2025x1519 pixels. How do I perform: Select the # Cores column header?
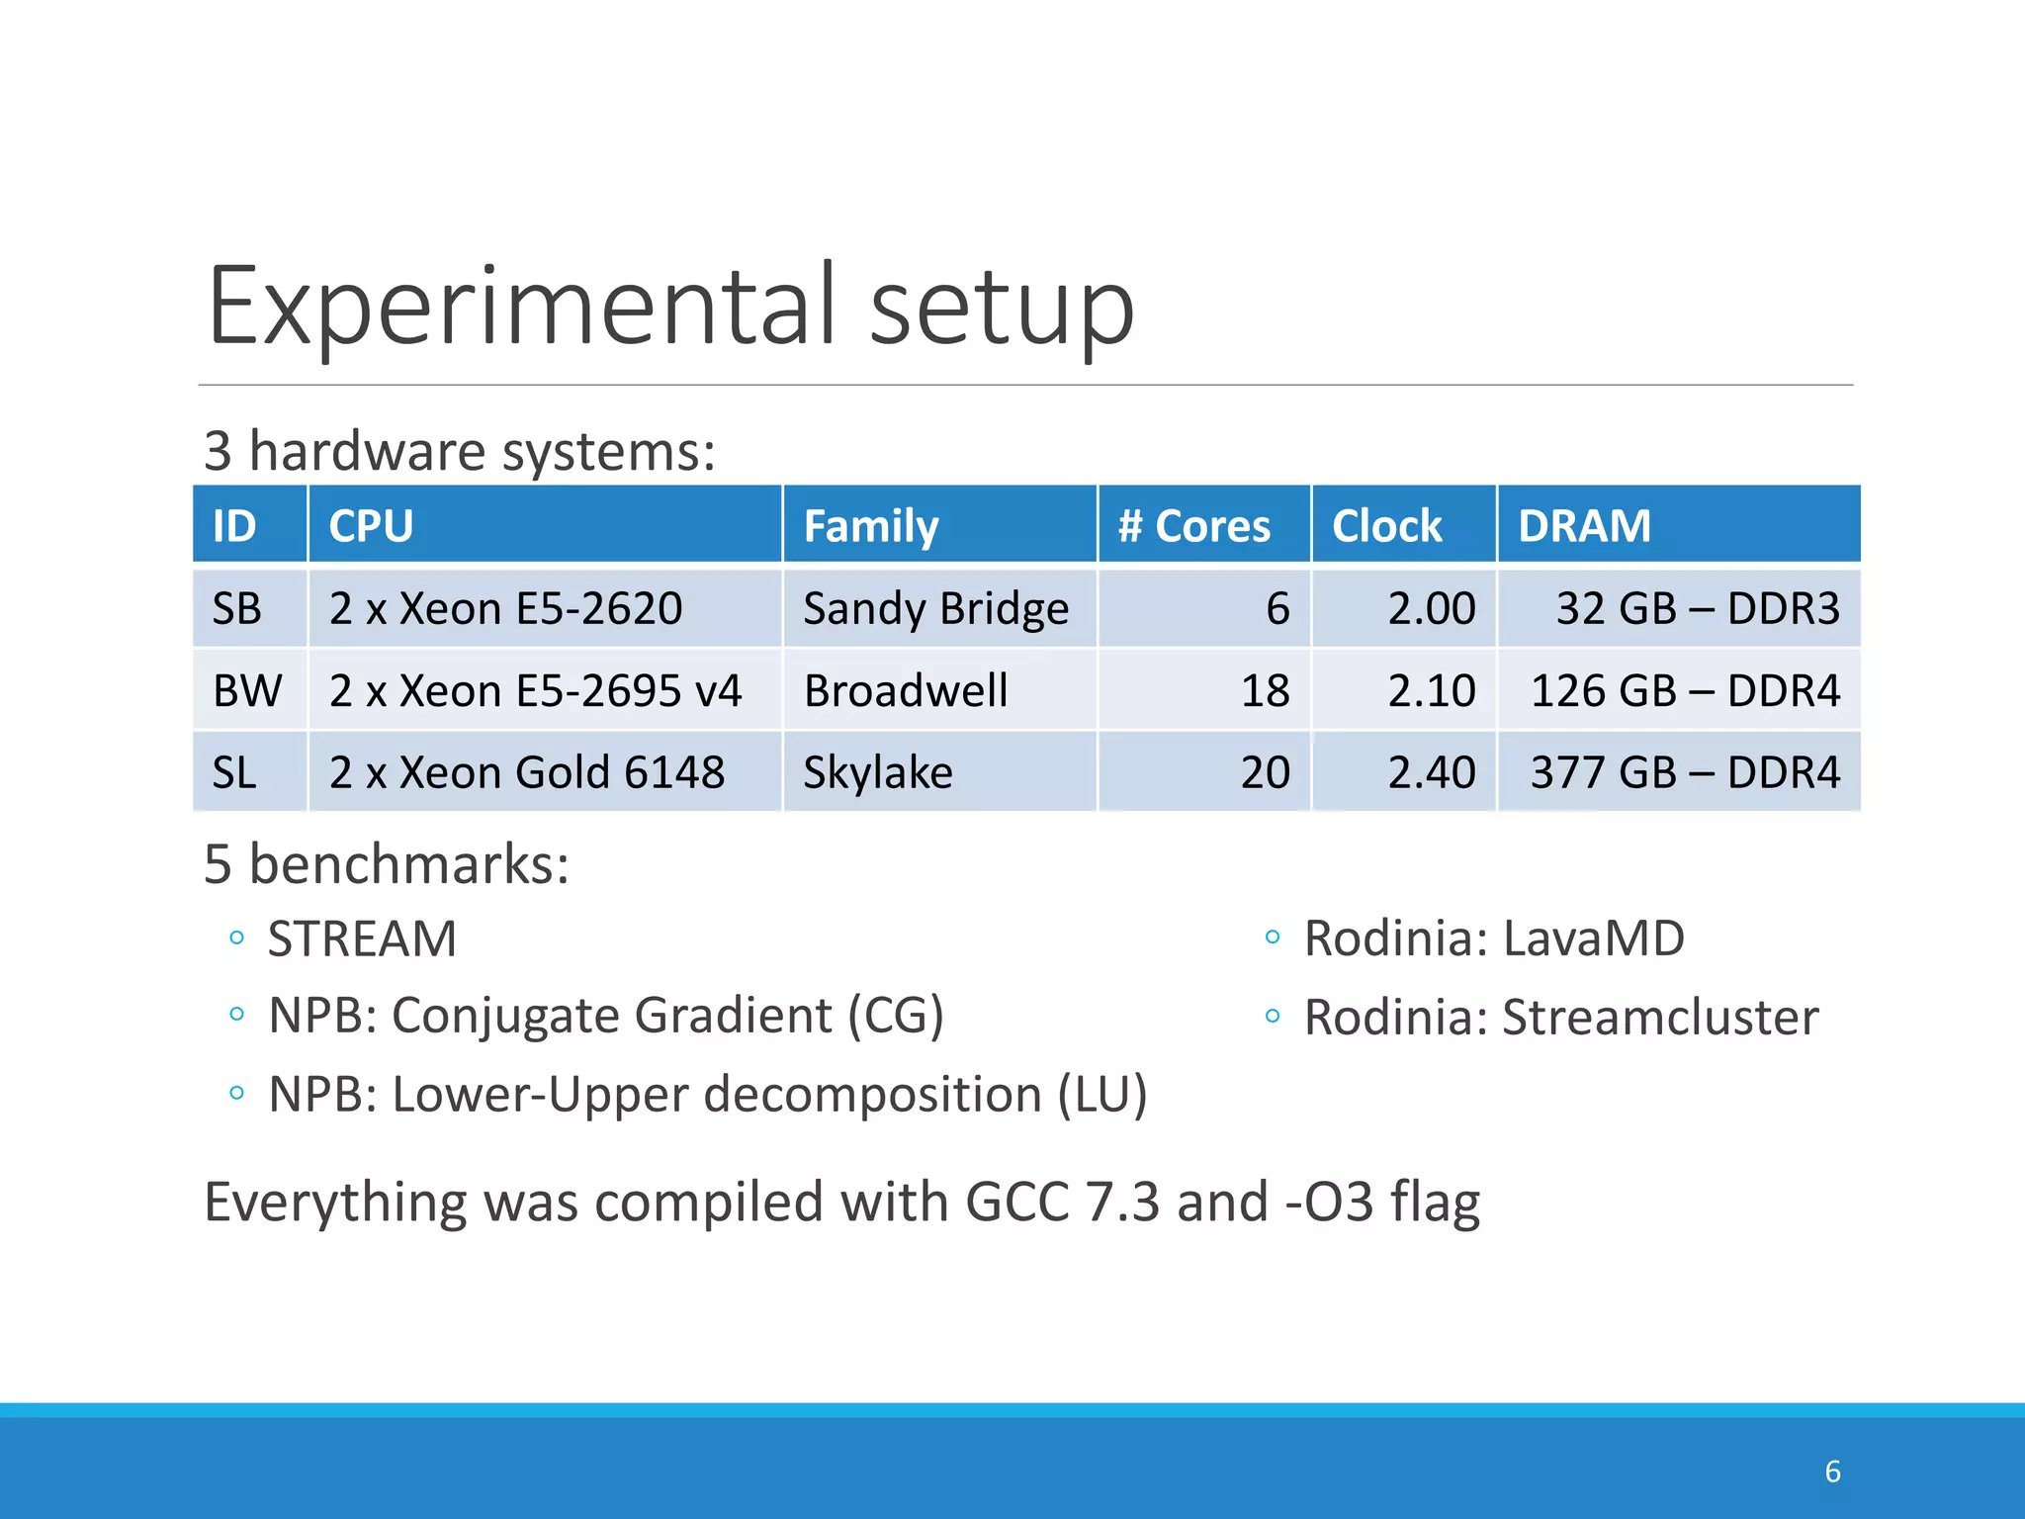pos(1193,525)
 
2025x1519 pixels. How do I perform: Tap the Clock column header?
pos(1386,525)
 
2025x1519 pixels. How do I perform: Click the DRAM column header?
pos(1584,525)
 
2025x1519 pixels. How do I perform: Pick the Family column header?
pos(870,525)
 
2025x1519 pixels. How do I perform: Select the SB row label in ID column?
pos(237,608)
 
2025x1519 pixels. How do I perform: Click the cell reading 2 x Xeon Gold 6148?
pos(527,772)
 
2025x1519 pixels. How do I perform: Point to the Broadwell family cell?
pos(906,690)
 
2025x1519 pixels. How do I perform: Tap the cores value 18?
pos(1265,690)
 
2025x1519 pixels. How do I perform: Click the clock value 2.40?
pos(1431,772)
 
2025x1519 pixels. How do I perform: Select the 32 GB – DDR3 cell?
pos(1697,608)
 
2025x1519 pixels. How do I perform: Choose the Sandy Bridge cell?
pos(935,608)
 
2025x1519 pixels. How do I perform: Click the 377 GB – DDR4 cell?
pos(1685,772)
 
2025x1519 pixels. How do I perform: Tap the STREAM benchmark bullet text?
pos(362,938)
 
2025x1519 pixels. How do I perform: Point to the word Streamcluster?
pos(1660,1018)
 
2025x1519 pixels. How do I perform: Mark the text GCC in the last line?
pos(1017,1203)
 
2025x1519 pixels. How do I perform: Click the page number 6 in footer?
pos(1832,1472)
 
